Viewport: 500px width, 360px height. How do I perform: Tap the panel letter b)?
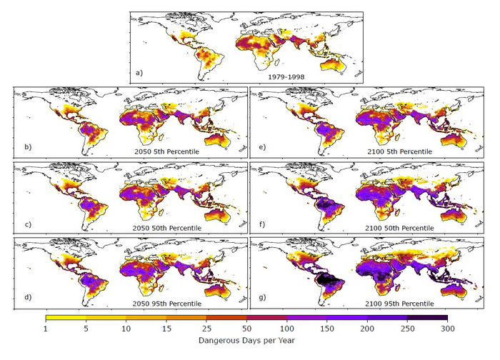(x=28, y=148)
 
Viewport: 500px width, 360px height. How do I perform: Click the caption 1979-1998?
(x=288, y=76)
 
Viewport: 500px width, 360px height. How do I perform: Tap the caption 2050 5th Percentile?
(x=167, y=152)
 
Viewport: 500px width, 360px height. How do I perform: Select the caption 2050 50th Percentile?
(x=169, y=227)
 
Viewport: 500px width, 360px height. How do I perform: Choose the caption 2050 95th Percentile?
(x=169, y=302)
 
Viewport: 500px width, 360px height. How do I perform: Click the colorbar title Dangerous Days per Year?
(x=246, y=341)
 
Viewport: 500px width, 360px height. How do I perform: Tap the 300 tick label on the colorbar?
(x=446, y=329)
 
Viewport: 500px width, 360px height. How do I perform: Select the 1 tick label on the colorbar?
(x=46, y=329)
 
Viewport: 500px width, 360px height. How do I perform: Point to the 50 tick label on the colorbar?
(x=246, y=329)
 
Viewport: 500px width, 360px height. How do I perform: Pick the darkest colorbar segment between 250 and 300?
(x=427, y=317)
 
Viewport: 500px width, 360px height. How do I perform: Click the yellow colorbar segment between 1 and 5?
(x=66, y=317)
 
